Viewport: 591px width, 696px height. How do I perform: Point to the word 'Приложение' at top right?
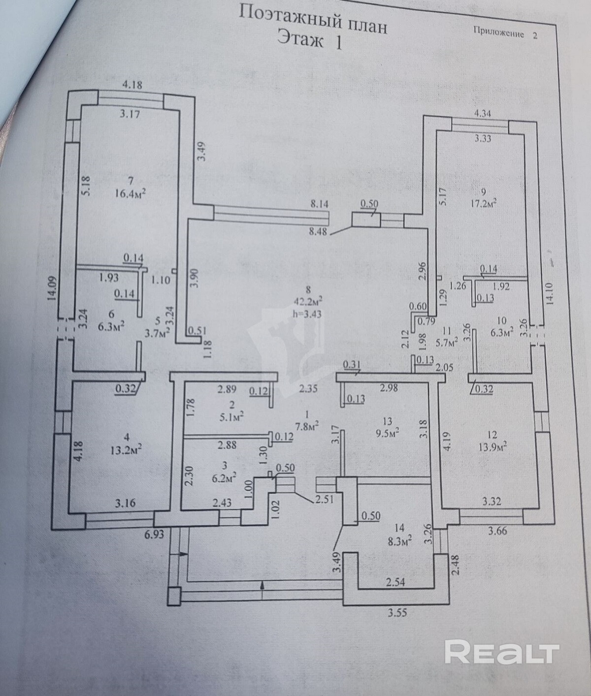point(498,33)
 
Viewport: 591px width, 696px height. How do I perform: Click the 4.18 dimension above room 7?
point(132,85)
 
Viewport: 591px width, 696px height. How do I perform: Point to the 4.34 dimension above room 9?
point(483,113)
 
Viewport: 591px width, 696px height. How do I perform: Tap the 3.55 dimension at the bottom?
point(398,613)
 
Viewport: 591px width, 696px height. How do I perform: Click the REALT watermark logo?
point(502,653)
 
